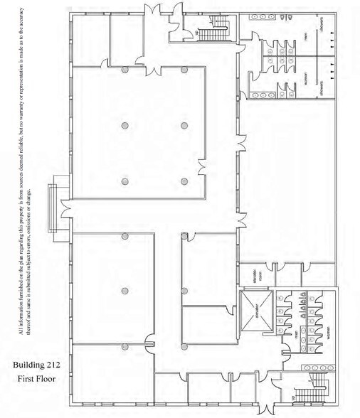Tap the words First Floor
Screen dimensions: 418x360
[x=36, y=378]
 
